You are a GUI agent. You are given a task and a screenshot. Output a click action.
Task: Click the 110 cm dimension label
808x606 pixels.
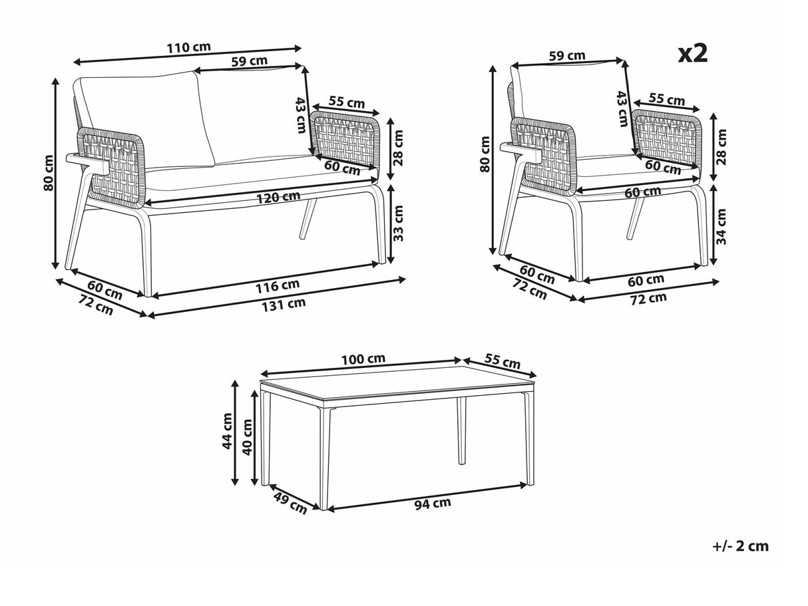tap(189, 48)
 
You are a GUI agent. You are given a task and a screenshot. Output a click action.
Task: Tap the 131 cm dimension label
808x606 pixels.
tap(284, 305)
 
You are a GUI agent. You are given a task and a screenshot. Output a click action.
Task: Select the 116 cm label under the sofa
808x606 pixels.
tap(278, 286)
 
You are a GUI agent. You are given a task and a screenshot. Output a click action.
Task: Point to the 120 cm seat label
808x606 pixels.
tap(278, 198)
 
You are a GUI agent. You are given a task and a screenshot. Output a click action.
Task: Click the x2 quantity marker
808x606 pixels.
tap(693, 54)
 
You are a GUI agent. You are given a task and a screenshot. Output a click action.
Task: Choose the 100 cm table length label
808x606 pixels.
tap(363, 359)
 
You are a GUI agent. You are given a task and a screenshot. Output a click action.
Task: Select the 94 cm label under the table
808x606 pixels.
tap(433, 504)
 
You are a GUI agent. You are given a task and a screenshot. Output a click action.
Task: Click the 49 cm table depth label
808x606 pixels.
tap(290, 503)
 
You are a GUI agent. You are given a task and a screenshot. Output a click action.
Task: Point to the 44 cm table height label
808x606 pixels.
tap(228, 430)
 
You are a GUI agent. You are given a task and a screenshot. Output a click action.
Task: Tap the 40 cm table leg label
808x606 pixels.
tap(247, 437)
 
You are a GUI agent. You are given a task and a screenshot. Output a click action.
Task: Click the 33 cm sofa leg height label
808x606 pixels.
tap(398, 224)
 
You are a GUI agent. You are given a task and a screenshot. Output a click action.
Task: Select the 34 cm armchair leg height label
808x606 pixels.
tap(722, 226)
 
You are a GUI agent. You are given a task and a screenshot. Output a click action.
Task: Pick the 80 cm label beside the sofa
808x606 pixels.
tap(48, 173)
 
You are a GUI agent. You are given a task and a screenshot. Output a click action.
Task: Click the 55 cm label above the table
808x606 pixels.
tap(503, 361)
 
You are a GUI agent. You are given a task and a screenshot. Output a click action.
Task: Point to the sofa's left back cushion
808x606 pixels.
tap(144, 120)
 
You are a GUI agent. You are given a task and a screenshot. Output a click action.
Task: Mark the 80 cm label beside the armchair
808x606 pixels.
tap(485, 154)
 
